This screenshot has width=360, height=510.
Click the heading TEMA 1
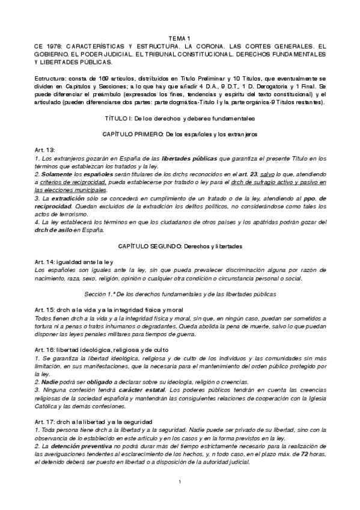point(180,38)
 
